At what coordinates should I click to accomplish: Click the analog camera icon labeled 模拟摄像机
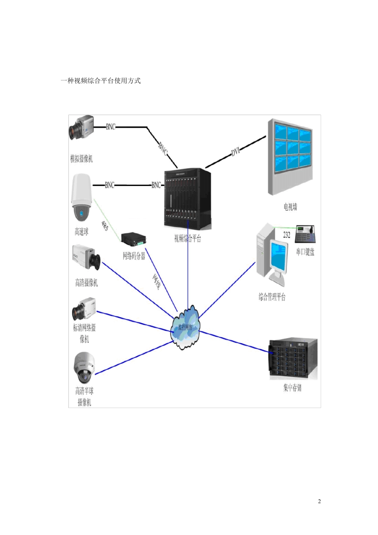click(82, 127)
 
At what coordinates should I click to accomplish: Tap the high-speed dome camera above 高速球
click(81, 197)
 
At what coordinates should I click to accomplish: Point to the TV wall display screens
click(293, 148)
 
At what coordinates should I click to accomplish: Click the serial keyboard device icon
click(306, 234)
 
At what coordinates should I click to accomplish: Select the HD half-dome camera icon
click(84, 367)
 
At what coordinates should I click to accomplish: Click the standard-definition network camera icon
click(84, 309)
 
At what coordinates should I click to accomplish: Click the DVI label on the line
click(236, 152)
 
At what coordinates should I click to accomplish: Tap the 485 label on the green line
click(104, 226)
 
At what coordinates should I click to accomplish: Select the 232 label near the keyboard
click(286, 235)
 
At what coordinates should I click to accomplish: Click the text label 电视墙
click(290, 207)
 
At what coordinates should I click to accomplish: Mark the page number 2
click(319, 501)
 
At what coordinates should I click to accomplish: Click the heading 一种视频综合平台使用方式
click(101, 81)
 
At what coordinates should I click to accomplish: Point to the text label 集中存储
click(292, 388)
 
